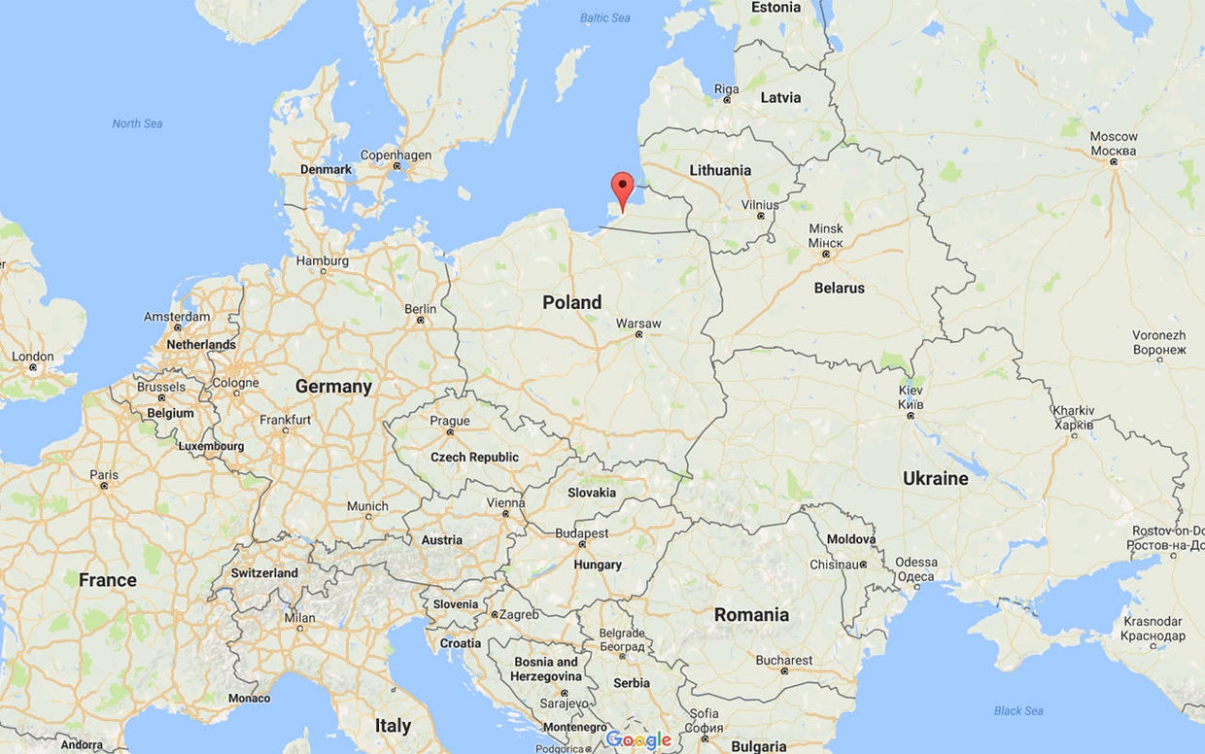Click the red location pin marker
622,188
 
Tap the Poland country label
571,302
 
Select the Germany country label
333,387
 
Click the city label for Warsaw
638,324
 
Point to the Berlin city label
420,309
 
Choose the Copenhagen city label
396,155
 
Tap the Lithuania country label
720,171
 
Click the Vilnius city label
760,205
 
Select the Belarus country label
839,289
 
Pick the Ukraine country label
935,478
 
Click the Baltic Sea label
604,18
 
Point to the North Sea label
137,123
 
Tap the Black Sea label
1019,711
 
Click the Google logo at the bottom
638,739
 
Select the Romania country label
751,615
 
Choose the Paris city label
104,475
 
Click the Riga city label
726,89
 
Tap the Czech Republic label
474,458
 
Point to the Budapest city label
582,533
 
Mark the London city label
33,357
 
